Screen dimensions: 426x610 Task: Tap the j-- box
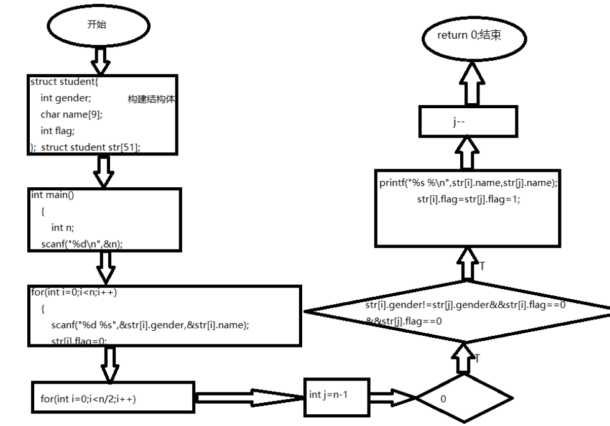point(468,122)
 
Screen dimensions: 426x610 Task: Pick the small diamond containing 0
point(464,398)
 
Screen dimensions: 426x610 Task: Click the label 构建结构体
point(152,100)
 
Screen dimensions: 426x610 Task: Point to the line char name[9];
point(72,114)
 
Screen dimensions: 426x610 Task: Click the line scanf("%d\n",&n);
point(82,244)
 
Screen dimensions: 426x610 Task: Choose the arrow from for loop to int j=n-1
point(249,397)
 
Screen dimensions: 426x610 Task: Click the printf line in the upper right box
point(469,183)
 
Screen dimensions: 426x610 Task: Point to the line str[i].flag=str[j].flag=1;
point(469,200)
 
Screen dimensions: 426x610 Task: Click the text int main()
point(53,195)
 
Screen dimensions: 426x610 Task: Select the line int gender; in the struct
point(66,98)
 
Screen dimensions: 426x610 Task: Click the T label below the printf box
point(483,266)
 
